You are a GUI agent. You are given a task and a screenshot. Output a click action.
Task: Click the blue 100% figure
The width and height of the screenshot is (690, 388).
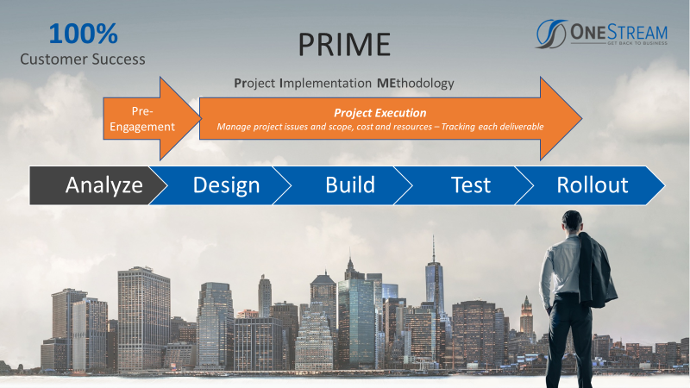(83, 34)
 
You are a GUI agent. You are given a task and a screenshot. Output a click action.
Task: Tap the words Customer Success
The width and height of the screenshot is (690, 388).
(83, 59)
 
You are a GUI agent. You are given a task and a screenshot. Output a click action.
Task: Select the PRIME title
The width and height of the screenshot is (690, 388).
(344, 45)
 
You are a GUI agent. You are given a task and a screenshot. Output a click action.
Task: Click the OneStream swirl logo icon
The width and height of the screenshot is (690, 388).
(551, 34)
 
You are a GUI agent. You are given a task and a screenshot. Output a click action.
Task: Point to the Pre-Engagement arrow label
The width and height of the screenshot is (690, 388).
(142, 119)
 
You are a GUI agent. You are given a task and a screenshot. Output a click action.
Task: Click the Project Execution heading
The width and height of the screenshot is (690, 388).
(380, 113)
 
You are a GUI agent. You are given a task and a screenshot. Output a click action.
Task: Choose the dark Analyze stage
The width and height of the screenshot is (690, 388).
(97, 185)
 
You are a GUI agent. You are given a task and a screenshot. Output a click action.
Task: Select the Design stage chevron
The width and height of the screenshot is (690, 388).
(220, 185)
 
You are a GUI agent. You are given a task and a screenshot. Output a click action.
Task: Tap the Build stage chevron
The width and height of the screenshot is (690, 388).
(342, 185)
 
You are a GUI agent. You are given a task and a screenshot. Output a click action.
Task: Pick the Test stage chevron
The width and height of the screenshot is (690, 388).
(463, 185)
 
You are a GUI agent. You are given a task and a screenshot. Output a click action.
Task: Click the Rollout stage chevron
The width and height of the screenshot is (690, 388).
(590, 185)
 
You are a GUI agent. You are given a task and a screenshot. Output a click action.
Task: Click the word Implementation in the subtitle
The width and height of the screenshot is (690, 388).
(326, 83)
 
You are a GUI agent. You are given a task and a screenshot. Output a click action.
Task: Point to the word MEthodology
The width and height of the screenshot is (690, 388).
(416, 83)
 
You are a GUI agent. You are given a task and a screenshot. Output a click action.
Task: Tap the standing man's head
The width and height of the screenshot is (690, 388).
(572, 222)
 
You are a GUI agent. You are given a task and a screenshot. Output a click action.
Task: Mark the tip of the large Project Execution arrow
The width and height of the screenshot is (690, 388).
(581, 118)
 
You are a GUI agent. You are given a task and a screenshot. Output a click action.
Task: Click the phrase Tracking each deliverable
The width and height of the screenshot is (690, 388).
(492, 127)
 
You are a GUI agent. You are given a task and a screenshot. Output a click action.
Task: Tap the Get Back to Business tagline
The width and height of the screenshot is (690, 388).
(637, 43)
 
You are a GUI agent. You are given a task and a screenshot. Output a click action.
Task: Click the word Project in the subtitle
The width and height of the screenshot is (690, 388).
(254, 83)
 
